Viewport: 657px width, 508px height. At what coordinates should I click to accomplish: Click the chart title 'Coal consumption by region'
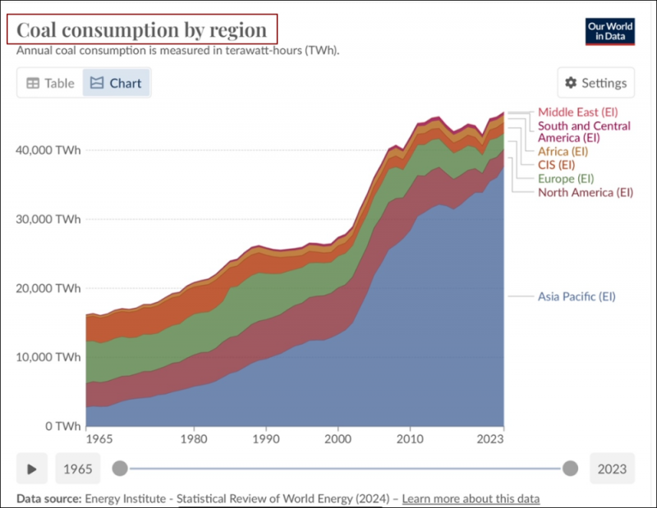tap(142, 30)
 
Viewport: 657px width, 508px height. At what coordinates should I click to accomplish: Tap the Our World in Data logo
tap(610, 31)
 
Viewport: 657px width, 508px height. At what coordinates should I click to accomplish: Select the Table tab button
tap(50, 83)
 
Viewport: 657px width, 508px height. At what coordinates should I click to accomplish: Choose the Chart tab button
tap(117, 83)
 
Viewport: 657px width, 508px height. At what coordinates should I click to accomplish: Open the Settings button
tap(596, 83)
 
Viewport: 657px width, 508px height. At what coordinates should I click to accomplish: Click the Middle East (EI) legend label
tap(577, 112)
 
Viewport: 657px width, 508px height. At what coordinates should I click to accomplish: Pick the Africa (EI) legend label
tap(563, 152)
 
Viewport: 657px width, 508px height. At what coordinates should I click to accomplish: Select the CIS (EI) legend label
tap(555, 165)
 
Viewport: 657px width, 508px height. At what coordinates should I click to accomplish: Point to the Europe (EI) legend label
tap(565, 179)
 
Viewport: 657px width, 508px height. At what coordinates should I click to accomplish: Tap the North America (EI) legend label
tap(586, 193)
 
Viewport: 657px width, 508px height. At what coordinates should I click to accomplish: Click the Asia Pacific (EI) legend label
tap(576, 296)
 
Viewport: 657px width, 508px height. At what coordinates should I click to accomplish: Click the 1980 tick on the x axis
tap(194, 439)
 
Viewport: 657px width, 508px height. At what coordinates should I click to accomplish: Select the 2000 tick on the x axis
tap(337, 439)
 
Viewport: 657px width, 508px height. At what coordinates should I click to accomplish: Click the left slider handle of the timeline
tap(120, 469)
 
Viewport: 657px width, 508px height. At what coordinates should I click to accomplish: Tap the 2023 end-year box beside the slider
tap(612, 469)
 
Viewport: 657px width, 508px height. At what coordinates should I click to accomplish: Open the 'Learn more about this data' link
tap(471, 499)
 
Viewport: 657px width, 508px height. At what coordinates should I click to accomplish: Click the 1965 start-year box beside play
tap(78, 469)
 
